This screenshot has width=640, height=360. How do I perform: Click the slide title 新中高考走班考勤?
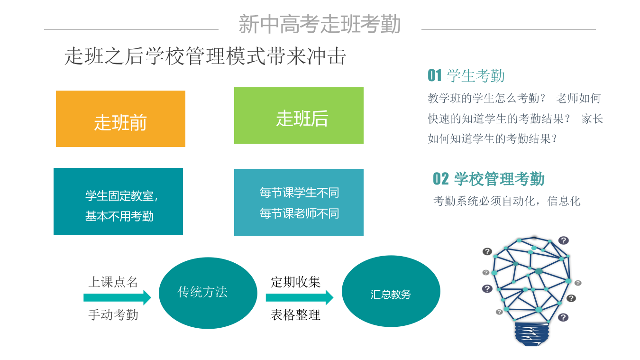pos(320,24)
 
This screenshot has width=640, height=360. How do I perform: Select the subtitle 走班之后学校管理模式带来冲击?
pos(205,56)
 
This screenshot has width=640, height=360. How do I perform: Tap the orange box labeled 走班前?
pos(120,119)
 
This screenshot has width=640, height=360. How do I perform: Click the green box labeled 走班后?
pos(299,116)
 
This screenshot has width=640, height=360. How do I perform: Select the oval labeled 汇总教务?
pos(391,292)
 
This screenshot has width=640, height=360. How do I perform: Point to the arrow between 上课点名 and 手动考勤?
pos(117,298)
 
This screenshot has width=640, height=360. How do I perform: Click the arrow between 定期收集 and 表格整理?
pos(299,298)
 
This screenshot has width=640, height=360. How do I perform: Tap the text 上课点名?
pos(113,282)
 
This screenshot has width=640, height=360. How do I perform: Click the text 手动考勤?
pos(113,314)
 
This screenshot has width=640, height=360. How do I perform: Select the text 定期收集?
pos(295,282)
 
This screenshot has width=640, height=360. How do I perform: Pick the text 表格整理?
pos(295,314)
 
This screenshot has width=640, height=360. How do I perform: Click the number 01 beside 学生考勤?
pos(434,75)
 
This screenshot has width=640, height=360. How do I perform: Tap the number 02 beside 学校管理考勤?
pos(440,179)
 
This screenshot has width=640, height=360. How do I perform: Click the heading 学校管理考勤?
pos(499,179)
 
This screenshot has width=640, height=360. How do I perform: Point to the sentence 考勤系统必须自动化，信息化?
pos(507,201)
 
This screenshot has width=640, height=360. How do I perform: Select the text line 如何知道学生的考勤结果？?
pos(492,139)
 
